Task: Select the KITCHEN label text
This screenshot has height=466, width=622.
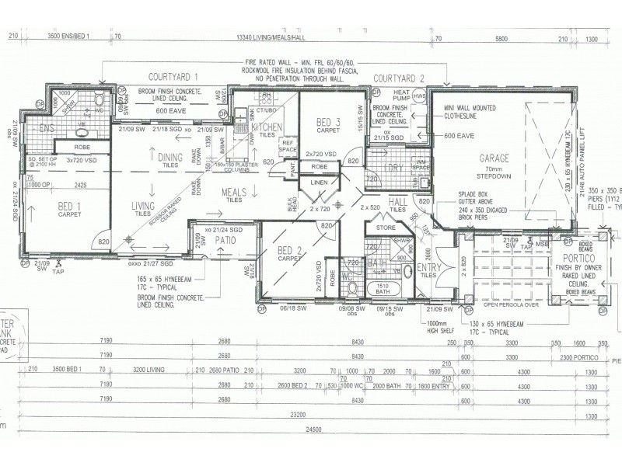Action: coord(266,127)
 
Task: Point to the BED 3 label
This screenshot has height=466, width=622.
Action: coord(329,122)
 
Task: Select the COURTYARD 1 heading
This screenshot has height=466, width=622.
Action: coord(174,76)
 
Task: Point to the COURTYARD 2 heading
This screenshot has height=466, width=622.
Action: coord(399,78)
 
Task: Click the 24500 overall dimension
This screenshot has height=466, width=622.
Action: coord(313,450)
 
